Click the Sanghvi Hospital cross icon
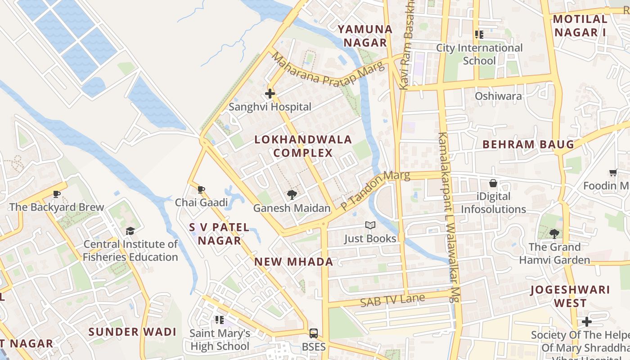click(x=270, y=94)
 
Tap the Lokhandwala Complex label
click(x=303, y=146)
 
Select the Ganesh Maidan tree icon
click(x=292, y=195)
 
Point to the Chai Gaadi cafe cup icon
click(x=201, y=189)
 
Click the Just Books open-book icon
click(x=370, y=225)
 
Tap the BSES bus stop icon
click(x=313, y=333)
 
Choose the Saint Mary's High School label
click(x=220, y=340)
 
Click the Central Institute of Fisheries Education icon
click(x=130, y=231)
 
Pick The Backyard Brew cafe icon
click(x=56, y=194)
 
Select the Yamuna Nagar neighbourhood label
click(x=365, y=36)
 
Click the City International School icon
click(x=479, y=34)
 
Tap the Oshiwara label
click(x=498, y=96)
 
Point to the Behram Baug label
click(x=528, y=144)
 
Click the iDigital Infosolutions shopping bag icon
click(x=493, y=183)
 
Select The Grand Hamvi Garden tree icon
click(x=554, y=234)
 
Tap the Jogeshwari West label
click(x=570, y=296)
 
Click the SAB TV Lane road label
click(x=392, y=300)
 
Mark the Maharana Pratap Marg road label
click(x=328, y=71)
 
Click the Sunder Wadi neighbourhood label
click(x=132, y=332)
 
